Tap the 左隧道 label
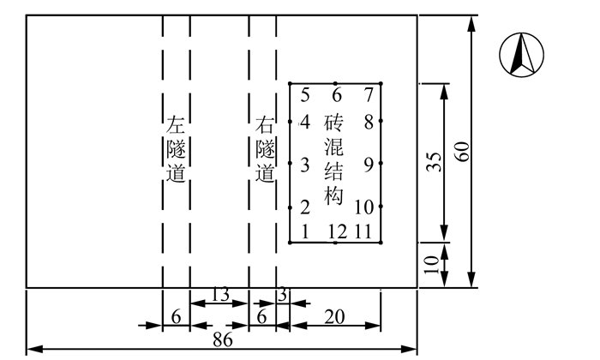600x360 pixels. [x=176, y=149]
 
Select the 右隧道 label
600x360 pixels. [x=266, y=149]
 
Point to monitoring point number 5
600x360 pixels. [x=305, y=94]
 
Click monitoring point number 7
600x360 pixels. [x=369, y=94]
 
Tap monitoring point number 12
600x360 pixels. [x=335, y=231]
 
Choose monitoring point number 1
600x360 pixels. [x=304, y=231]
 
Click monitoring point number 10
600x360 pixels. [x=363, y=207]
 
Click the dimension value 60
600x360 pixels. [x=463, y=151]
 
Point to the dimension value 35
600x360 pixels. [x=434, y=163]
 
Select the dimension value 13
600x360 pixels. [x=219, y=295]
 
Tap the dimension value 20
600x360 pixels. [x=335, y=316]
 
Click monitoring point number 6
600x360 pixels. [x=337, y=94]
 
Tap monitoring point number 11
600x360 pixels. [x=363, y=231]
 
